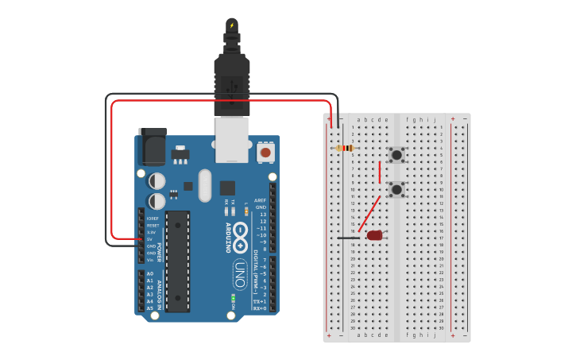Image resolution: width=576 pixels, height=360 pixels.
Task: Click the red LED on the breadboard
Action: (374, 235)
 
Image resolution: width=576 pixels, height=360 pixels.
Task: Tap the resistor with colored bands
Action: (345, 148)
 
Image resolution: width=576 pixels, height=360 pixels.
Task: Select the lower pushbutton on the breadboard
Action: (396, 189)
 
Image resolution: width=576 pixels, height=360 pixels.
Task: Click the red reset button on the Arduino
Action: (265, 151)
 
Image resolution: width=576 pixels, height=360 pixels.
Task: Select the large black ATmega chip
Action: (178, 261)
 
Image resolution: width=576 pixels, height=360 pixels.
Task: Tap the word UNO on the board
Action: (239, 274)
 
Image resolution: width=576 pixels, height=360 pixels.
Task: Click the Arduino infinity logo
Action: (241, 235)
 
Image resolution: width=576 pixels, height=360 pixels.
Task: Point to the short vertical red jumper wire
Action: (380, 172)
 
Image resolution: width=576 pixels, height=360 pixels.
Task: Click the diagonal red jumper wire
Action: (370, 214)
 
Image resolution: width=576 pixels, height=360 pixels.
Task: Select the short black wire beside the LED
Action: (347, 238)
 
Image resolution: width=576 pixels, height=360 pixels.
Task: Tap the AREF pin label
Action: (260, 200)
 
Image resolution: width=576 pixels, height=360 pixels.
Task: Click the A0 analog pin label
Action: (149, 273)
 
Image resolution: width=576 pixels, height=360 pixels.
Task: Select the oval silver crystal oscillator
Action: (205, 185)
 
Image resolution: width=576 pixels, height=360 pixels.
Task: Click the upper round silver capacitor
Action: (157, 181)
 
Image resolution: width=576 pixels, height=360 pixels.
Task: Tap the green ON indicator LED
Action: (233, 299)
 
